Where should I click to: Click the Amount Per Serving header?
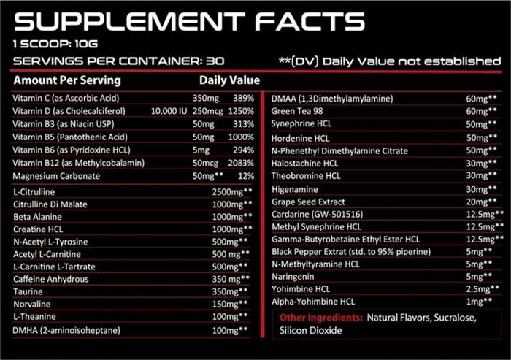(67, 80)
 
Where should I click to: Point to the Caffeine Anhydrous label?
(50, 278)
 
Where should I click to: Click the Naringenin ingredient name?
(293, 276)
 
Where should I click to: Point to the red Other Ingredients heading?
(321, 318)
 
